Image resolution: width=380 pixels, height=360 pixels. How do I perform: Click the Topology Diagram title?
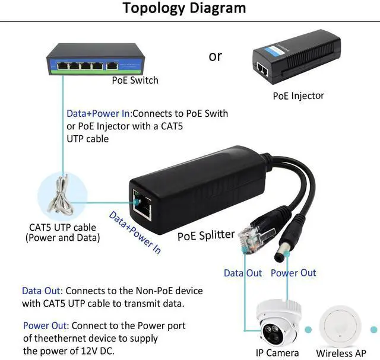[x=184, y=9]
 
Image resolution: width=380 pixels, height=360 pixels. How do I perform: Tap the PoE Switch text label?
[x=135, y=79]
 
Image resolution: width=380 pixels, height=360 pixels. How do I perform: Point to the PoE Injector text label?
[x=299, y=95]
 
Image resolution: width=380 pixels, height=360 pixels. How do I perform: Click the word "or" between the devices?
[x=215, y=56]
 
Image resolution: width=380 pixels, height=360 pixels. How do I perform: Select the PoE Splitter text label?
[x=206, y=235]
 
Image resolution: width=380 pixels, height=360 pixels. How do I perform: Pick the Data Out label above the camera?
[x=243, y=273]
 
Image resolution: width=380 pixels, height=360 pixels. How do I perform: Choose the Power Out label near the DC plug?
[x=293, y=273]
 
